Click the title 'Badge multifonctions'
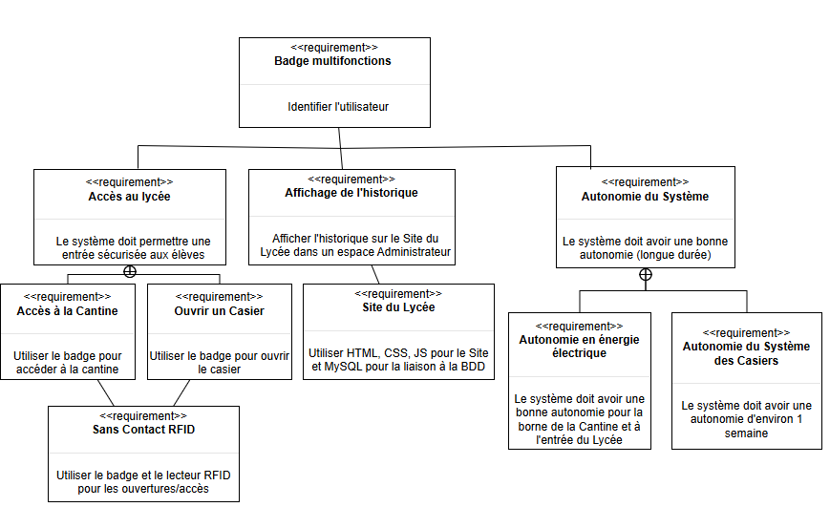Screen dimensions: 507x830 (333, 61)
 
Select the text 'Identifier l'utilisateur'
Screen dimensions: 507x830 (338, 107)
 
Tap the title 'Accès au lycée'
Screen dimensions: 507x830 (130, 197)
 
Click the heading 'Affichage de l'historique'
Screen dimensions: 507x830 (351, 193)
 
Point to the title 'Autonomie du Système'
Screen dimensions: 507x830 (645, 197)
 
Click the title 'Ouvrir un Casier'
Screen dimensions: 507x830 (220, 311)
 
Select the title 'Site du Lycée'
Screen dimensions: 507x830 (398, 307)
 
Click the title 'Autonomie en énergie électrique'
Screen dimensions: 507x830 (579, 347)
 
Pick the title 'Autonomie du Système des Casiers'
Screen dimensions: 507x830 (746, 353)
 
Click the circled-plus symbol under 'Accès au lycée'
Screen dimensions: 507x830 (130, 271)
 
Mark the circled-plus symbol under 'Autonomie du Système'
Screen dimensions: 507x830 (646, 275)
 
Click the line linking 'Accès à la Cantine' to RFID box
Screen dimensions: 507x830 (105, 392)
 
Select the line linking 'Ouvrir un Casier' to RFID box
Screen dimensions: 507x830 (181, 392)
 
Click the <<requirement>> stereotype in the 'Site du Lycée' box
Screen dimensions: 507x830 (398, 294)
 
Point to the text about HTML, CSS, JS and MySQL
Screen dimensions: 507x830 (398, 358)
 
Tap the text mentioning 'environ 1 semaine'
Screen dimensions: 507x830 (746, 419)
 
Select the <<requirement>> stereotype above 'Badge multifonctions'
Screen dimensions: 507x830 (333, 47)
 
